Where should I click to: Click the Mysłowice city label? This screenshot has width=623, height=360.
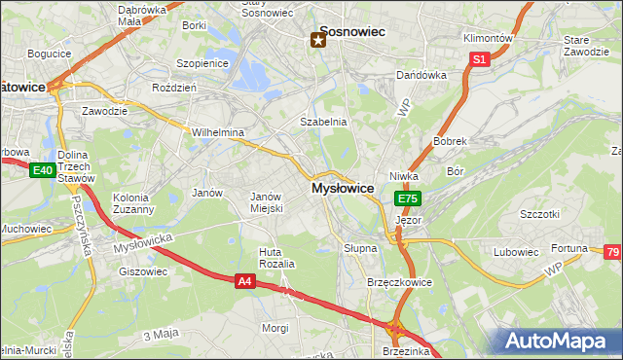click(343, 189)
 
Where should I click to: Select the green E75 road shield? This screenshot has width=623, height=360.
click(407, 198)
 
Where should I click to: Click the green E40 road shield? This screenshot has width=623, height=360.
click(41, 170)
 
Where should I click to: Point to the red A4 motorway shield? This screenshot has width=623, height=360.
click(246, 281)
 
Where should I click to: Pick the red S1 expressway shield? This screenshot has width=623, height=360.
click(479, 59)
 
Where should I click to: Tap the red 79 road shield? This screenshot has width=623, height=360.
click(612, 253)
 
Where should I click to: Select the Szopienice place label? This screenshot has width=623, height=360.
click(202, 63)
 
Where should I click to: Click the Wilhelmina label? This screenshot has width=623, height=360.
click(217, 132)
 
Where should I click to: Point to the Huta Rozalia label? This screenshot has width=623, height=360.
click(276, 258)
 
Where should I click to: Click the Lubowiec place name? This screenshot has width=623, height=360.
click(515, 252)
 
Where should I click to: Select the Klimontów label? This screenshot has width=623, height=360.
click(488, 38)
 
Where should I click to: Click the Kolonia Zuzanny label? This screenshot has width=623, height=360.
click(133, 202)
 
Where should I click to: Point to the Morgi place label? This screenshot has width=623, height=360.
click(275, 328)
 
